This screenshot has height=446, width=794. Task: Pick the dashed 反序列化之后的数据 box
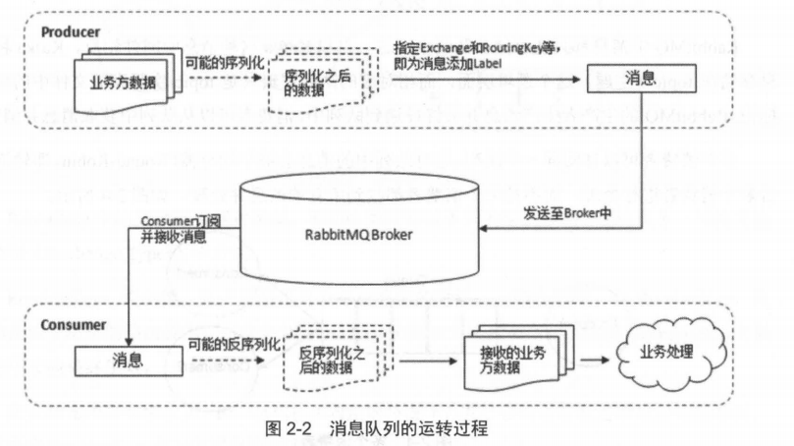pos(330,358)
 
